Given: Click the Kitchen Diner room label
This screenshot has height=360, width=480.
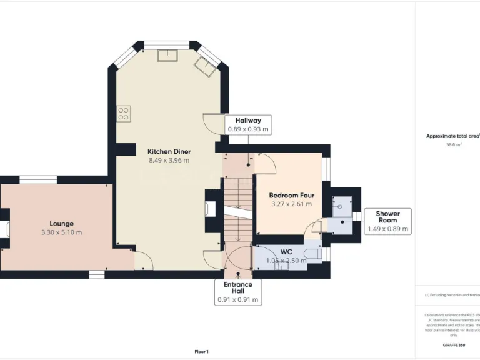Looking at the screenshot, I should tap(169, 151).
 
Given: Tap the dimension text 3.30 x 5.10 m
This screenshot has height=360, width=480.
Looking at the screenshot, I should tap(61, 232).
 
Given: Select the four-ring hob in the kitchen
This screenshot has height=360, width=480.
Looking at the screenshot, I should tap(124, 113).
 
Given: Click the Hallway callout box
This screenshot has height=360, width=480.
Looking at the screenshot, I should tap(248, 125).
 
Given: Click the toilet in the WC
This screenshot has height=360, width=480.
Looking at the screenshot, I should tap(313, 253).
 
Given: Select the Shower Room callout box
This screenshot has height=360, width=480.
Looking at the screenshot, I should tap(387, 221).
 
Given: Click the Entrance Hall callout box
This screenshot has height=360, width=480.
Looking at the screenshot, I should tap(238, 292).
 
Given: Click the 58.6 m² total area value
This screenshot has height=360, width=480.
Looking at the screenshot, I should tap(454, 144).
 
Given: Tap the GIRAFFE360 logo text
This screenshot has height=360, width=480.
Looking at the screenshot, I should tap(454, 345).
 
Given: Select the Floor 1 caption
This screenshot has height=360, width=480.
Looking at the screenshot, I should tap(202, 352).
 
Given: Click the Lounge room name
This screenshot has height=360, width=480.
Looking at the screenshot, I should tap(61, 223).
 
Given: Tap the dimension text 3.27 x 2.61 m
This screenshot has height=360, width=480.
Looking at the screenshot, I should tap(291, 204).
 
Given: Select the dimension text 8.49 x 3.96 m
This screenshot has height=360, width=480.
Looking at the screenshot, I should tap(169, 161).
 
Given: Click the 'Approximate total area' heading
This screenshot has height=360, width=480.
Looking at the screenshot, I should tap(452, 136).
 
